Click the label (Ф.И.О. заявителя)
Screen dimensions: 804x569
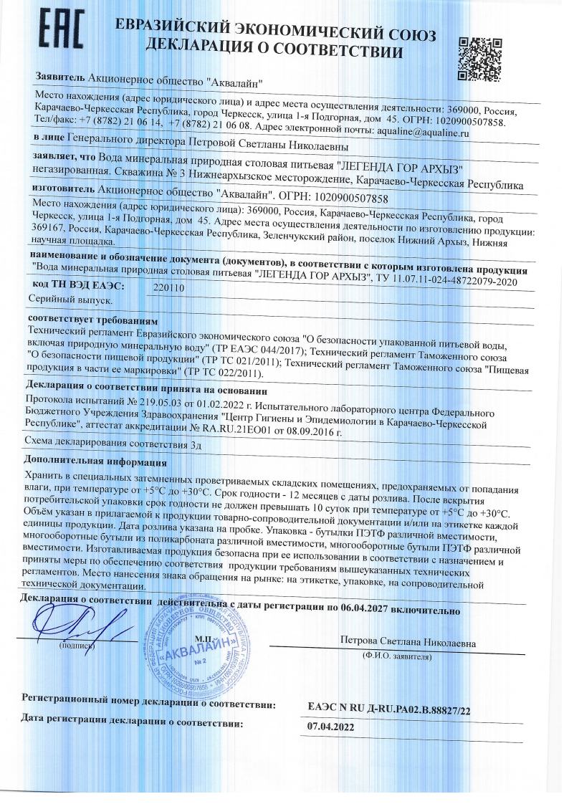point(398,655)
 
